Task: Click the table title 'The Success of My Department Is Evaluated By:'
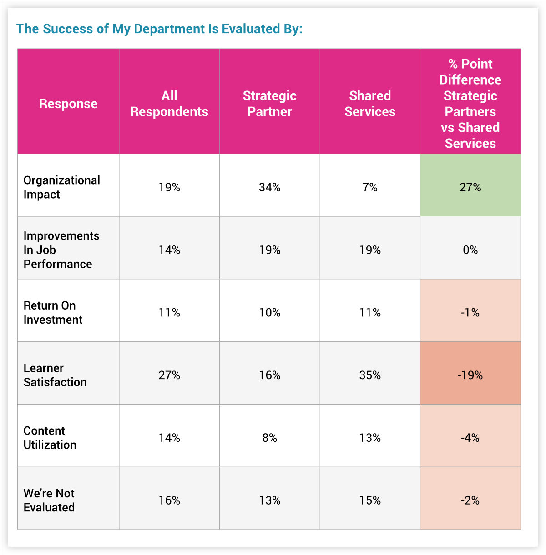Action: tap(159, 29)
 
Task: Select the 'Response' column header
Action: tap(68, 104)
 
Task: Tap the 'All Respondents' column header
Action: tap(169, 104)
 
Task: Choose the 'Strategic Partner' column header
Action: tap(270, 104)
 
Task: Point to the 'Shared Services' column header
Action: tap(370, 104)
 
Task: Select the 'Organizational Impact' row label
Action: tap(61, 187)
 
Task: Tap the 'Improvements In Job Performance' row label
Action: tap(61, 250)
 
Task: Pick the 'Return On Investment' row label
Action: tap(53, 313)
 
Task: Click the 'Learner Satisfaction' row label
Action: tap(55, 375)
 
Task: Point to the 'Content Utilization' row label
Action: tap(50, 438)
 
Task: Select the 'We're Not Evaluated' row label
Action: tap(49, 500)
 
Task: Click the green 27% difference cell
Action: tap(470, 187)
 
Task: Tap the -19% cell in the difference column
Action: tap(470, 375)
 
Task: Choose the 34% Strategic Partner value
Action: tap(270, 187)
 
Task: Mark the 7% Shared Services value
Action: tap(370, 187)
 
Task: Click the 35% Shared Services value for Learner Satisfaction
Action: tap(370, 375)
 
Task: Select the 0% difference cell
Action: tap(470, 250)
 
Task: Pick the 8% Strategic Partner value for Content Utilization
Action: tap(270, 438)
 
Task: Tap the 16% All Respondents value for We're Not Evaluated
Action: tap(169, 500)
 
